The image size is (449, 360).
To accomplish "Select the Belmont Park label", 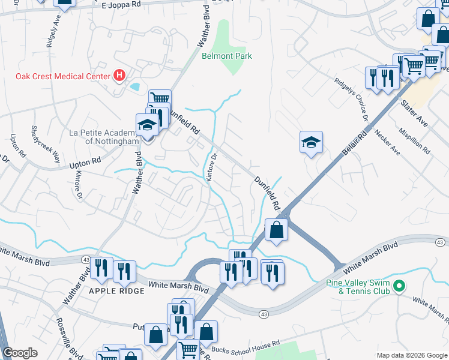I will coord(227,56).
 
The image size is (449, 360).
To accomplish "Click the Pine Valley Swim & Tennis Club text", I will coord(358,287).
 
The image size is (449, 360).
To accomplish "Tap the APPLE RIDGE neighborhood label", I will coord(116,290).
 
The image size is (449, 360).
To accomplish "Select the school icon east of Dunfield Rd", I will coord(311,142).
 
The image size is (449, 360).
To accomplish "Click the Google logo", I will coord(20,353).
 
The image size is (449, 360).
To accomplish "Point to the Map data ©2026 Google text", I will coord(411,355).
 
